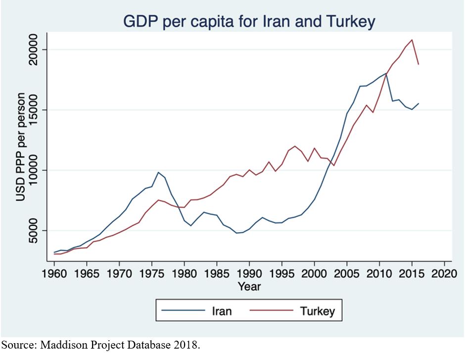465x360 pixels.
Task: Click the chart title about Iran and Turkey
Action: pos(249,21)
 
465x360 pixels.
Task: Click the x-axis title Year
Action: pos(249,286)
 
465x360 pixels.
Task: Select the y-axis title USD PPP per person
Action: pos(21,147)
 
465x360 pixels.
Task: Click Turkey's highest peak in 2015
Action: pos(412,40)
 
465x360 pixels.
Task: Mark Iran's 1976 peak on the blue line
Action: pos(158,172)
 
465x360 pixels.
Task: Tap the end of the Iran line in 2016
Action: pos(418,103)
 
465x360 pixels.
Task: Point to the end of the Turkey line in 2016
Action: pos(418,64)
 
